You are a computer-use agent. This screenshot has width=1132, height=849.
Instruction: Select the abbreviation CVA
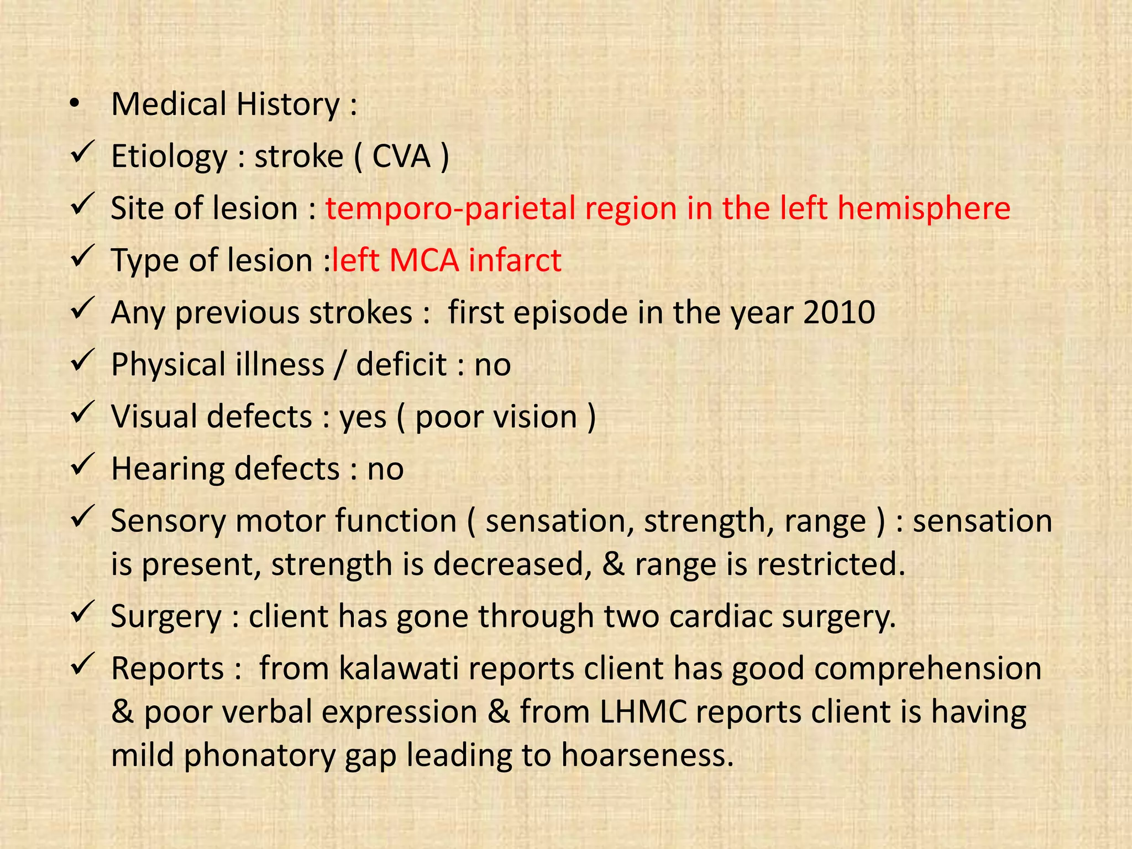tap(401, 156)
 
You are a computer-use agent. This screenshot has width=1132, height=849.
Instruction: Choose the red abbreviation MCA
tap(424, 260)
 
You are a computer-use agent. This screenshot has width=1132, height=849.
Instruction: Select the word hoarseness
tap(647, 755)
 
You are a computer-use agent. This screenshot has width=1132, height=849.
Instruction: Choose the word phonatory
tap(259, 755)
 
